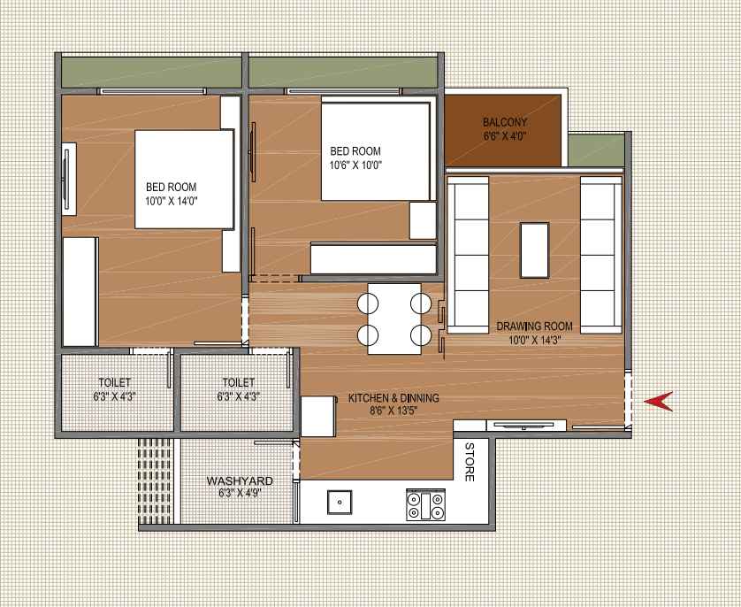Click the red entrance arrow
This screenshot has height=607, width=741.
point(658,402)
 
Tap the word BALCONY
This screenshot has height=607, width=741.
point(505,122)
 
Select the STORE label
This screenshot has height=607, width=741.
point(470,461)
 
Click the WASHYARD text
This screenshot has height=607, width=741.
point(240,480)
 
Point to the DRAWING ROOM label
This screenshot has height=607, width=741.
point(534,326)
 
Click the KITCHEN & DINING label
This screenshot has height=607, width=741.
point(393,398)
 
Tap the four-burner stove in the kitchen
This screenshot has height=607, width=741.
point(424,505)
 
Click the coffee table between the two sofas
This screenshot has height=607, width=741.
point(534,252)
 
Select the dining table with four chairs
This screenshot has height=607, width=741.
point(394,319)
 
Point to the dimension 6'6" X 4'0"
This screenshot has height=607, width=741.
point(505,137)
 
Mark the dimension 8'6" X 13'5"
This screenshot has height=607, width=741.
point(393,411)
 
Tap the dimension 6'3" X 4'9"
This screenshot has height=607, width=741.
point(240,494)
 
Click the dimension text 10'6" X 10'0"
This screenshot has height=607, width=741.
point(355,165)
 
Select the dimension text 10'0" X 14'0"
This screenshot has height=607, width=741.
point(171,201)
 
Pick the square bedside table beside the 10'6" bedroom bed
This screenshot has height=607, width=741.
point(422,219)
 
